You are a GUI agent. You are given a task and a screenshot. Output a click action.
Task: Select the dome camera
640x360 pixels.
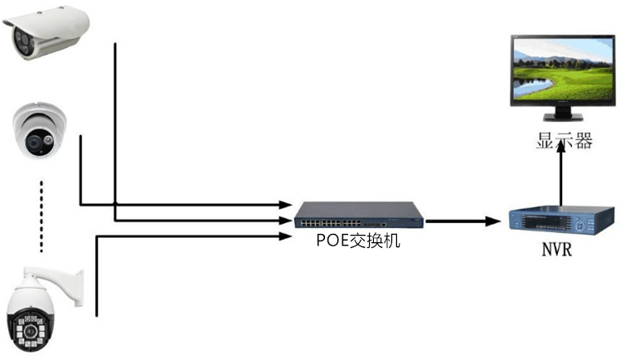[x=39, y=131]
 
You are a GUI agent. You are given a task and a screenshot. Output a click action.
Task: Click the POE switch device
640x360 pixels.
[x=359, y=215]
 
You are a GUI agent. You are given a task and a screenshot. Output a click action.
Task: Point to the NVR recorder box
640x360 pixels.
[x=561, y=221]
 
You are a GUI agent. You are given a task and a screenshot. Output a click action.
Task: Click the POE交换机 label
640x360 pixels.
[x=358, y=241]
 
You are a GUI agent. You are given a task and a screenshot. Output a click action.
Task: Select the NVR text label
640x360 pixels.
[x=557, y=249]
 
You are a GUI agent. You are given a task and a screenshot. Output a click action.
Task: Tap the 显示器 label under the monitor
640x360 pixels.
[x=564, y=140]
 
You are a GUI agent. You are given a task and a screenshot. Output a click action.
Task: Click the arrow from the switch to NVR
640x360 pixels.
[x=463, y=221]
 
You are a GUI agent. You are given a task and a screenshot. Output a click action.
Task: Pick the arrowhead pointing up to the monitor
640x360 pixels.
[x=561, y=145]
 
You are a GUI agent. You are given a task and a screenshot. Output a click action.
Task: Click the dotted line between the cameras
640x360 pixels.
[x=41, y=216]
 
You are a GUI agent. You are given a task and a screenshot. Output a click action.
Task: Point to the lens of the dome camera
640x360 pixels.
[x=34, y=142]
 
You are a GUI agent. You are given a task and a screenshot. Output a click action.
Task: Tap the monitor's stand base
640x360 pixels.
[x=563, y=117]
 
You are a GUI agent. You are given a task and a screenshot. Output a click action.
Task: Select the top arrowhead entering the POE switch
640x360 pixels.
[x=286, y=204]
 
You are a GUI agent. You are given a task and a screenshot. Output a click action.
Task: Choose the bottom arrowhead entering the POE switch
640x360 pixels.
[x=286, y=236]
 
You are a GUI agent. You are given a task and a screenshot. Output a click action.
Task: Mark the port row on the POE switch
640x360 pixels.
[x=331, y=223]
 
